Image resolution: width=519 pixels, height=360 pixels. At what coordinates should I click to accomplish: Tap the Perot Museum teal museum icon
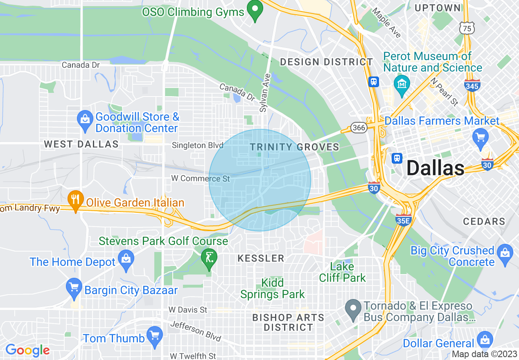click(x=402, y=84)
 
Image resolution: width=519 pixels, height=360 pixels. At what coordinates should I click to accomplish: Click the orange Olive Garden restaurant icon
click(x=75, y=200)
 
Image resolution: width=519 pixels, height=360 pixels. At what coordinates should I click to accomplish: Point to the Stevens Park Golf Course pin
click(x=209, y=258)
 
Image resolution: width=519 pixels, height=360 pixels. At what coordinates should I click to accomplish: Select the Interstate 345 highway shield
click(x=472, y=85)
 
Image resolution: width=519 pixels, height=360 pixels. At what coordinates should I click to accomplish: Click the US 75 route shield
click(x=467, y=28)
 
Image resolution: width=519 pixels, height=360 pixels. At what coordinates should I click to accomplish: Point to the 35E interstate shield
click(x=403, y=220)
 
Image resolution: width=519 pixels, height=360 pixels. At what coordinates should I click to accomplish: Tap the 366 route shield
click(x=359, y=128)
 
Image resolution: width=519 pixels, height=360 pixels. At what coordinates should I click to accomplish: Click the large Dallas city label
click(x=436, y=168)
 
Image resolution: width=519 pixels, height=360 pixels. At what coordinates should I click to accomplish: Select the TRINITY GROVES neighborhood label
click(x=294, y=147)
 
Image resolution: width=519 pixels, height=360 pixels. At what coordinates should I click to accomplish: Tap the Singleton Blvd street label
click(x=198, y=145)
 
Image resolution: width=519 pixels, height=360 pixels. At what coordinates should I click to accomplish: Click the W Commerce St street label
click(x=201, y=178)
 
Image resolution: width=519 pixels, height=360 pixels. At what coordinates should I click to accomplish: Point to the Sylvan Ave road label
click(x=265, y=93)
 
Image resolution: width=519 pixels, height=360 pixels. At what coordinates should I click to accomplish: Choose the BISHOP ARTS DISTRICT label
click(x=288, y=322)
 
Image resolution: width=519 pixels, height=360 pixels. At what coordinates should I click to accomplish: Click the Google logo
click(x=27, y=350)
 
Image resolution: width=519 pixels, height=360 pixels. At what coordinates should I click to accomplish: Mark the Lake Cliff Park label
click(x=342, y=272)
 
